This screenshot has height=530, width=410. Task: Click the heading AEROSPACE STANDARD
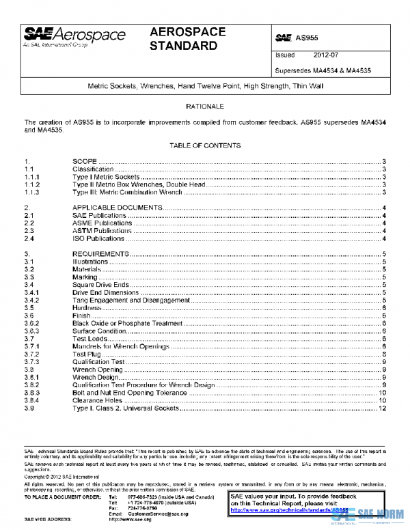click(x=184, y=40)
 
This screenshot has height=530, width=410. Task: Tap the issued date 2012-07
click(x=326, y=55)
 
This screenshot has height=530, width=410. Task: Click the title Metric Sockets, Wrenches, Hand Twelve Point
click(x=205, y=87)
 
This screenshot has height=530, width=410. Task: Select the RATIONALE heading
click(x=204, y=107)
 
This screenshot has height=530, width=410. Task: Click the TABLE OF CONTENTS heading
click(x=204, y=145)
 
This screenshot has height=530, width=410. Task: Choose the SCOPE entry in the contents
click(x=85, y=161)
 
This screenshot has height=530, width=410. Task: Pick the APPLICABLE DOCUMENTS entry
click(x=118, y=207)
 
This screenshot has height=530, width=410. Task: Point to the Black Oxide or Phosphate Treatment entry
click(x=127, y=324)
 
